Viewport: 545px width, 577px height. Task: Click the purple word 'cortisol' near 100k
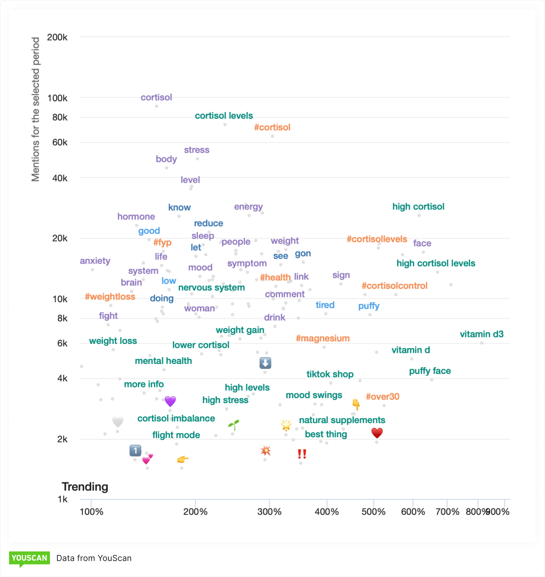click(156, 98)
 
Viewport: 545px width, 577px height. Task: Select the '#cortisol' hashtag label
click(272, 127)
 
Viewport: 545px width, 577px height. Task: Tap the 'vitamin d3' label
click(481, 335)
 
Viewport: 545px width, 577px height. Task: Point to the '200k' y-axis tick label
click(57, 38)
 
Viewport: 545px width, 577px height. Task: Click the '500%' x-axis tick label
click(373, 512)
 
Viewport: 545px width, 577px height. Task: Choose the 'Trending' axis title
click(85, 487)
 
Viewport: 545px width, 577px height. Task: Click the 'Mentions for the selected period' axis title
click(35, 109)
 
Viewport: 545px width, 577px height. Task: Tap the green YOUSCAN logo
click(29, 559)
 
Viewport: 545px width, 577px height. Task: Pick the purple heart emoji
click(170, 401)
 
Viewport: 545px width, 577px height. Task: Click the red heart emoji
click(377, 433)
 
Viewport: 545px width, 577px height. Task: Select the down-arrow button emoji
click(265, 363)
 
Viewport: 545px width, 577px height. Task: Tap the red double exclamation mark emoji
click(302, 454)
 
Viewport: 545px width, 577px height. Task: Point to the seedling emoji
click(233, 424)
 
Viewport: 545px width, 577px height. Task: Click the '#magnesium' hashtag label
click(322, 338)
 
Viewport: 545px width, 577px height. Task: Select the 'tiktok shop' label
click(330, 374)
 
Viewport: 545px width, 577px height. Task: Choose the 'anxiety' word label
click(95, 261)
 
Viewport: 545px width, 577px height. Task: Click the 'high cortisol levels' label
click(436, 263)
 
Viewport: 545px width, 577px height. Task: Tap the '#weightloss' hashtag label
click(110, 297)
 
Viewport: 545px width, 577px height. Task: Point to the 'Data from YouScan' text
click(94, 558)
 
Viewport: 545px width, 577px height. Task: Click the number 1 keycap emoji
click(135, 450)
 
